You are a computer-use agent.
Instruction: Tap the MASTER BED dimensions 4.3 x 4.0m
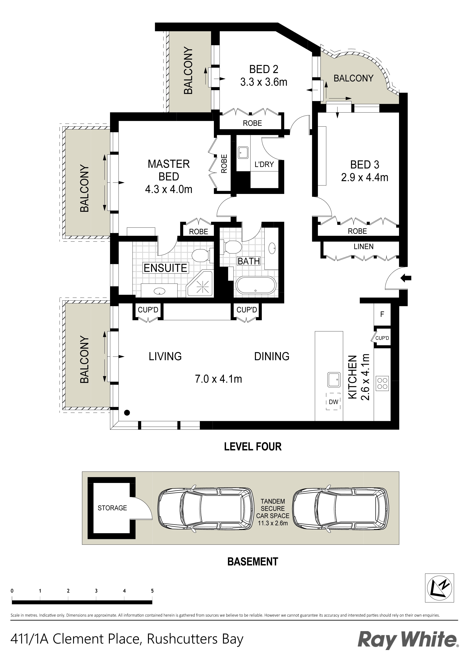click(x=169, y=189)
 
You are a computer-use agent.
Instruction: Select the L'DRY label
click(x=264, y=164)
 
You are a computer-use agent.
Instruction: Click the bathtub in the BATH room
click(x=256, y=285)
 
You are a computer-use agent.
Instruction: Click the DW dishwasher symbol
click(x=333, y=402)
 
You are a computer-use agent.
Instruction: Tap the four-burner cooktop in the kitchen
click(x=382, y=384)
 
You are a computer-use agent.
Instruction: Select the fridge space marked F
click(x=382, y=314)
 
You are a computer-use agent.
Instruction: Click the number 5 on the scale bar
click(x=152, y=591)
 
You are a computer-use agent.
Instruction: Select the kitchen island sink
click(x=334, y=380)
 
